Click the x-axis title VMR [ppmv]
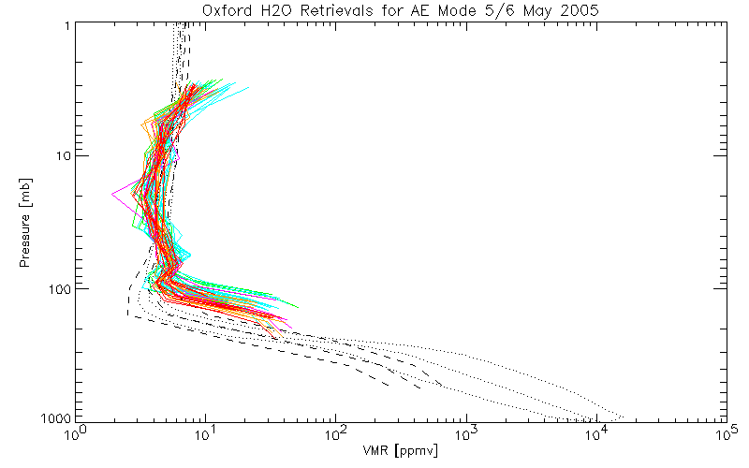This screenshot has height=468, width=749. pos(401,450)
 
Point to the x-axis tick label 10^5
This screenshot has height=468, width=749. pos(726,435)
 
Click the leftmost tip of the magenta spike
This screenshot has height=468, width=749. pos(112,194)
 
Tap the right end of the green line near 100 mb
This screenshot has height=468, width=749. pos(299,307)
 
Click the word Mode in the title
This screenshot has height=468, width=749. pos(446,10)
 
